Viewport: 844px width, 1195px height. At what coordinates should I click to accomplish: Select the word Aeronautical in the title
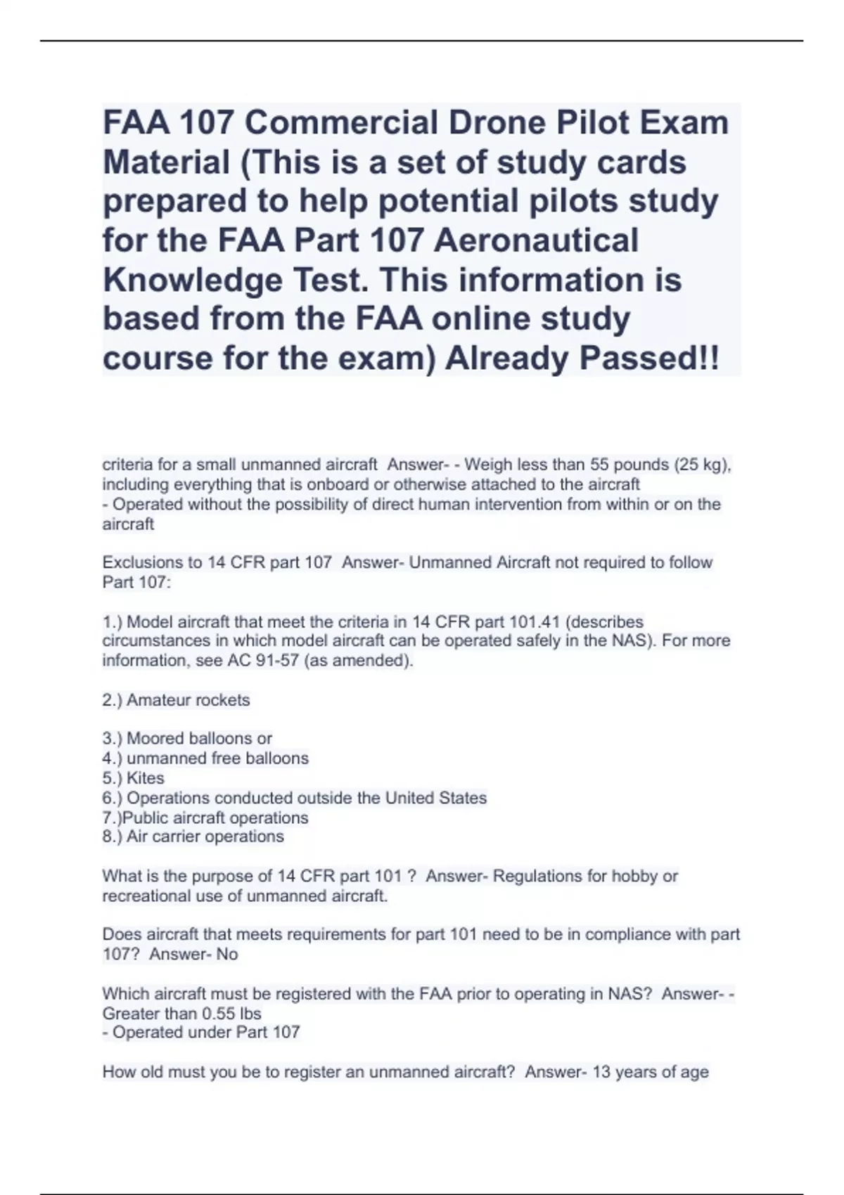click(x=536, y=240)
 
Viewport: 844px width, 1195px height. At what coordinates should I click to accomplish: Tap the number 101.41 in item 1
click(x=535, y=621)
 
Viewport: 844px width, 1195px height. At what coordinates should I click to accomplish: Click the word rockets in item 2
click(x=224, y=700)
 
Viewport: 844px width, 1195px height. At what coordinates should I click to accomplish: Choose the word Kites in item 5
click(x=146, y=778)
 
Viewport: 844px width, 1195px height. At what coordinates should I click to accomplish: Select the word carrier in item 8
click(x=186, y=836)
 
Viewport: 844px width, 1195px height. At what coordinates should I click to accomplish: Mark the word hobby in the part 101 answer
click(x=635, y=876)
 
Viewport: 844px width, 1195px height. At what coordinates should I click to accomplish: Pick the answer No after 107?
click(x=227, y=954)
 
